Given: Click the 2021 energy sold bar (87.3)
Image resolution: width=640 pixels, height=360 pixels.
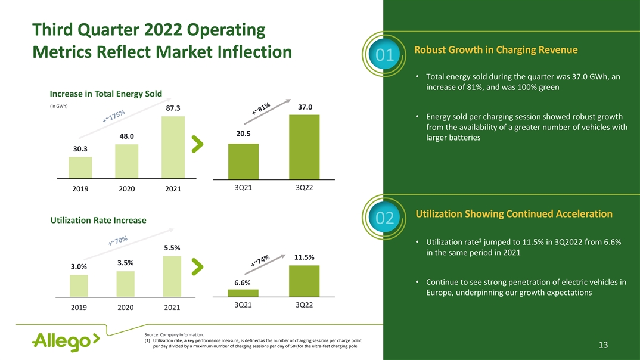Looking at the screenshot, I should [173, 147].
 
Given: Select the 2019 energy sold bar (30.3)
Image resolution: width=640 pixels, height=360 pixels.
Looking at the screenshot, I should [80, 167].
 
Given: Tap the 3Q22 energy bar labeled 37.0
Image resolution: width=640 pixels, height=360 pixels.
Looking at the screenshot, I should [304, 147].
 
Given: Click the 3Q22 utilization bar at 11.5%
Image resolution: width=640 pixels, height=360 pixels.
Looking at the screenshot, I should [304, 281].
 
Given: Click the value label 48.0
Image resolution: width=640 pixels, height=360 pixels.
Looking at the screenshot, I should [126, 136].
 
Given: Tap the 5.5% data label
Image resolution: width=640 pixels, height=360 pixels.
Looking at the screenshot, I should [172, 247].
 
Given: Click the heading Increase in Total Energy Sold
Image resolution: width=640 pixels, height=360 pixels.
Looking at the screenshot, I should [106, 94].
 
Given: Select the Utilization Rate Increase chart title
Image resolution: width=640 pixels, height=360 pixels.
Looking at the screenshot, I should [98, 221].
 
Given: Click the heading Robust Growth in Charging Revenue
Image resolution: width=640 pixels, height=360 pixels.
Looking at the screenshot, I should [496, 50].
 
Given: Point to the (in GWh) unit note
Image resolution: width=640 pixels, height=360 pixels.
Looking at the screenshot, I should [59, 107].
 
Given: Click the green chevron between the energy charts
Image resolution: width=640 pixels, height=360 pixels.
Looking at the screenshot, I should [198, 143].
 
